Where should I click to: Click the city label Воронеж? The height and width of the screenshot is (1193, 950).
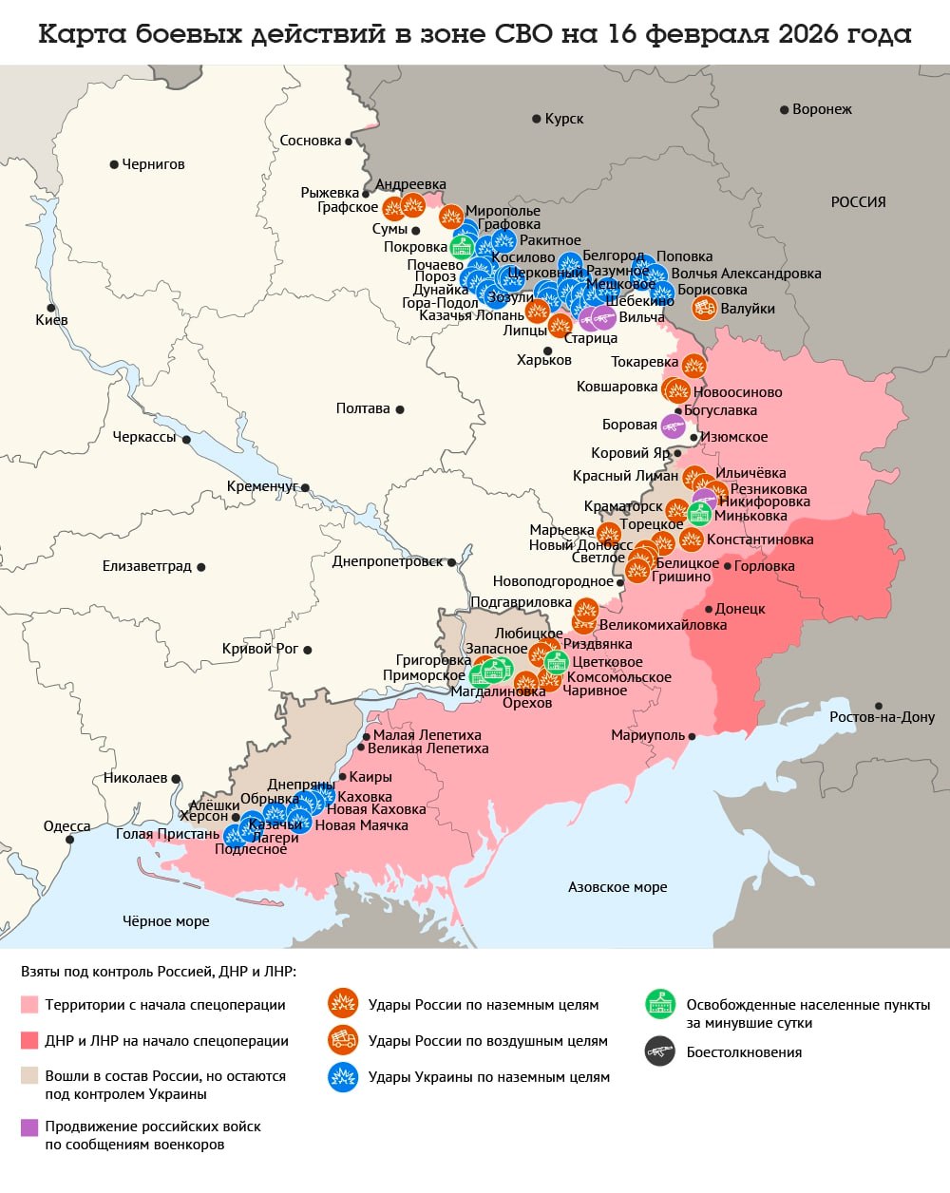tap(822, 109)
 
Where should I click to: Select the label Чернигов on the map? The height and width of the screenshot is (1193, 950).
tap(153, 164)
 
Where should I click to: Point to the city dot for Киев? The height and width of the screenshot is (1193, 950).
tap(50, 307)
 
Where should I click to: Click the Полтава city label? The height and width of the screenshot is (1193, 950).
tap(363, 408)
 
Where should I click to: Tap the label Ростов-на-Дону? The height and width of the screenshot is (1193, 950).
tap(882, 717)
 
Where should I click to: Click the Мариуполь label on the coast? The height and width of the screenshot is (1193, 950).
tap(648, 736)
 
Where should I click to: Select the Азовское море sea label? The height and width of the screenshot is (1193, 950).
tap(617, 887)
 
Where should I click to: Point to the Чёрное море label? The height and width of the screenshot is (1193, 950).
tap(166, 920)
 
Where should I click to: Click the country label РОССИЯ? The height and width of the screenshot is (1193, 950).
tap(858, 201)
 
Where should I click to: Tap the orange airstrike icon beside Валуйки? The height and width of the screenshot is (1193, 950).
tap(704, 308)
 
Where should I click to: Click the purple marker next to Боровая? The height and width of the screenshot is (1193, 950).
tap(673, 426)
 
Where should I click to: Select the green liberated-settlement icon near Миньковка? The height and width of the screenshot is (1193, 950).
tap(700, 514)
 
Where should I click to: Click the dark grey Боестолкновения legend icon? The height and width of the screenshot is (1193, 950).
tap(659, 1051)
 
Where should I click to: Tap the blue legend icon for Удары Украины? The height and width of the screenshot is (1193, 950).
tap(342, 1077)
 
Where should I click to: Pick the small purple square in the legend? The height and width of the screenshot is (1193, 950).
tap(29, 1127)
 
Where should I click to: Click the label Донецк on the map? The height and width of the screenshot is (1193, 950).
tap(740, 609)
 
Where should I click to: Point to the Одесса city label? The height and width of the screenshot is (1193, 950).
tap(66, 826)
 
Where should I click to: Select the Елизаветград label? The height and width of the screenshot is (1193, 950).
tap(146, 566)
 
